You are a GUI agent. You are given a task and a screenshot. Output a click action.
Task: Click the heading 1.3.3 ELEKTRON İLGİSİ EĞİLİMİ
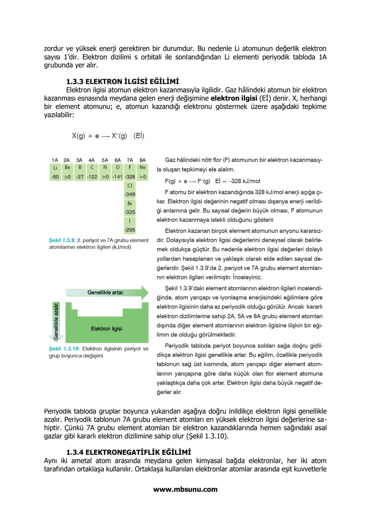point(122,82)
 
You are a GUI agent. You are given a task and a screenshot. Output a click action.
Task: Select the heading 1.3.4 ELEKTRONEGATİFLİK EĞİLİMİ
point(128,452)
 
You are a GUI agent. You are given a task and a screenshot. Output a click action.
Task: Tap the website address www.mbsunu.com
point(185,489)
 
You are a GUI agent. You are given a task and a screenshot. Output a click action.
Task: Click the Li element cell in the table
point(55,167)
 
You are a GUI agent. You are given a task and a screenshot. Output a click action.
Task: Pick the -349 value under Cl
point(130,194)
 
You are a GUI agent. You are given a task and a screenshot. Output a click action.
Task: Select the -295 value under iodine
point(130,230)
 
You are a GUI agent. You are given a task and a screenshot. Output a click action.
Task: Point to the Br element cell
point(130,203)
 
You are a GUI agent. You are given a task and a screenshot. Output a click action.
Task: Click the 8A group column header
point(143,160)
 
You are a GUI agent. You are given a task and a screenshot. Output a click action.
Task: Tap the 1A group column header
point(55,160)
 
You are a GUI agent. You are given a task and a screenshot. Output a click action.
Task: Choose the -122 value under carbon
point(92,177)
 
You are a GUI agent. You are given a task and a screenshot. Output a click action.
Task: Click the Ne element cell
point(143,167)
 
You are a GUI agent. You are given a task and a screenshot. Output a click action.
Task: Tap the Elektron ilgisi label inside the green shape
point(106,329)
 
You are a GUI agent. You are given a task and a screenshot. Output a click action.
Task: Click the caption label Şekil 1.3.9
point(62,240)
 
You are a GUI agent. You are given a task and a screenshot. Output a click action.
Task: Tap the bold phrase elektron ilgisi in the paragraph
point(234,98)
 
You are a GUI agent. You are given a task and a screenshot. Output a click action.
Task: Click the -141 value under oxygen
point(117,177)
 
